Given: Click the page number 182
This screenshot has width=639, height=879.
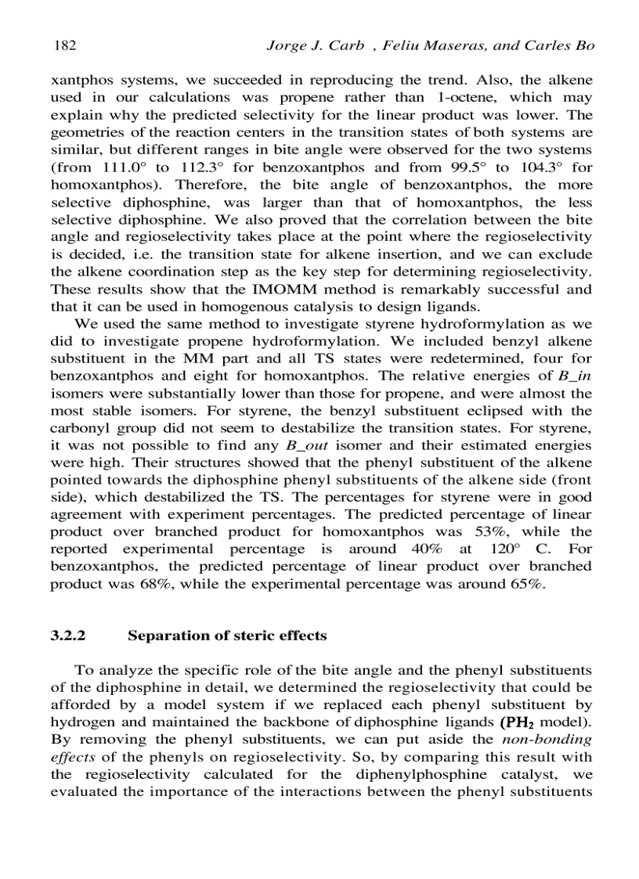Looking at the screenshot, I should click(x=64, y=45).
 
